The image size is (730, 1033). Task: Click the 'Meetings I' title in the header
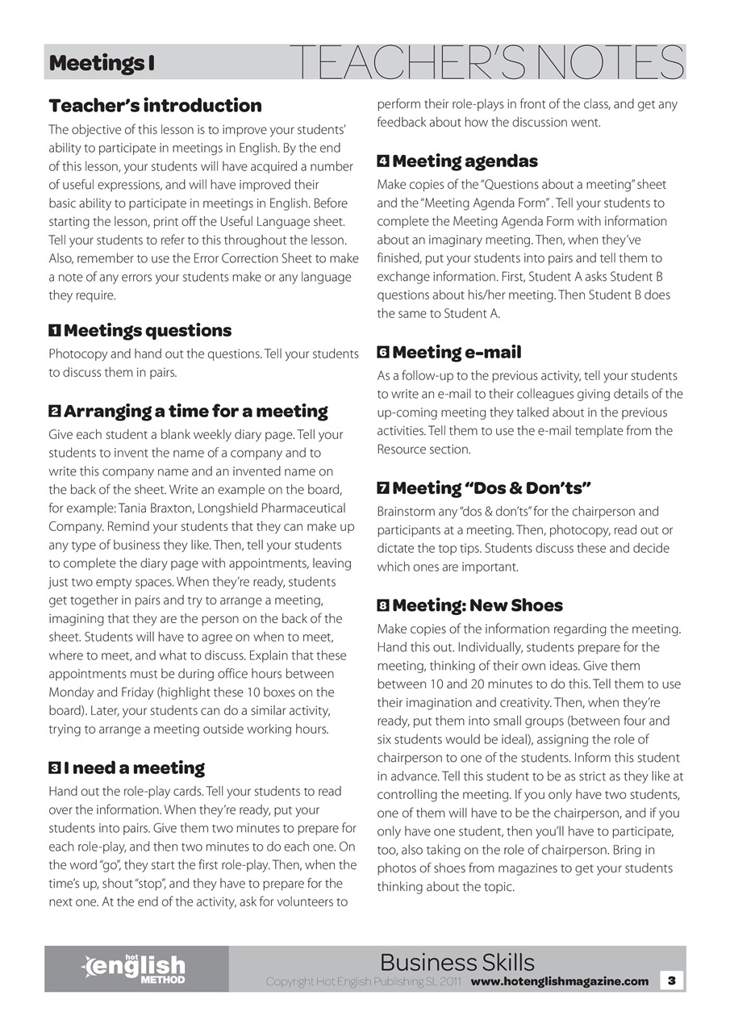click(x=102, y=63)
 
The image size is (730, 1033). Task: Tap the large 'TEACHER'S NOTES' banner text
click(x=486, y=62)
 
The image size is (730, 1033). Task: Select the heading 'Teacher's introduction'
click(x=155, y=106)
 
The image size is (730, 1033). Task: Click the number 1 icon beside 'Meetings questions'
click(x=54, y=331)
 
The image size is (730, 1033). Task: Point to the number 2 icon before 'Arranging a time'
click(x=54, y=412)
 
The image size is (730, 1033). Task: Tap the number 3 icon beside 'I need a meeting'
click(x=54, y=768)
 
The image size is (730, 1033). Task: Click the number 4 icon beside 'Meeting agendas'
click(x=383, y=161)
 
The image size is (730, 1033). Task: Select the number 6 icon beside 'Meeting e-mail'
click(x=383, y=353)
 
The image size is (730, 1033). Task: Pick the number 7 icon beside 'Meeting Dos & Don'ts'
click(x=383, y=488)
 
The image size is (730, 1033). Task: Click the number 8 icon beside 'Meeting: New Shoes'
click(x=383, y=605)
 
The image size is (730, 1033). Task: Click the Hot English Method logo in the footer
click(x=136, y=968)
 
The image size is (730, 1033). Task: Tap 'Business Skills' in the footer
click(x=457, y=962)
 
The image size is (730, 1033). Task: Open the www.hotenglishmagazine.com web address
click(x=559, y=981)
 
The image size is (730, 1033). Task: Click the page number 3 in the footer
click(x=672, y=981)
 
